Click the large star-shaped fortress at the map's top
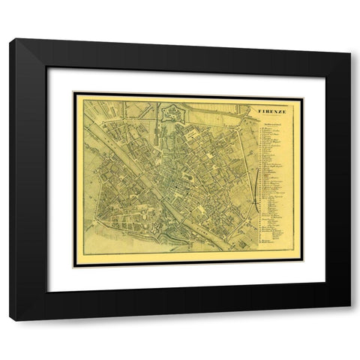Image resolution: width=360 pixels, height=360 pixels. pos(170,114)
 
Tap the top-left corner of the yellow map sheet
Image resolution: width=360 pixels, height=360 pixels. pos(73,93)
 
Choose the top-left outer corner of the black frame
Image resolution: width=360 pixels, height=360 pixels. pos(10,39)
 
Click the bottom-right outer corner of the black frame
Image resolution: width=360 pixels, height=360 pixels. pos(350,321)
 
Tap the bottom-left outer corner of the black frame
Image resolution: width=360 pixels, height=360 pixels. pos(10,321)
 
